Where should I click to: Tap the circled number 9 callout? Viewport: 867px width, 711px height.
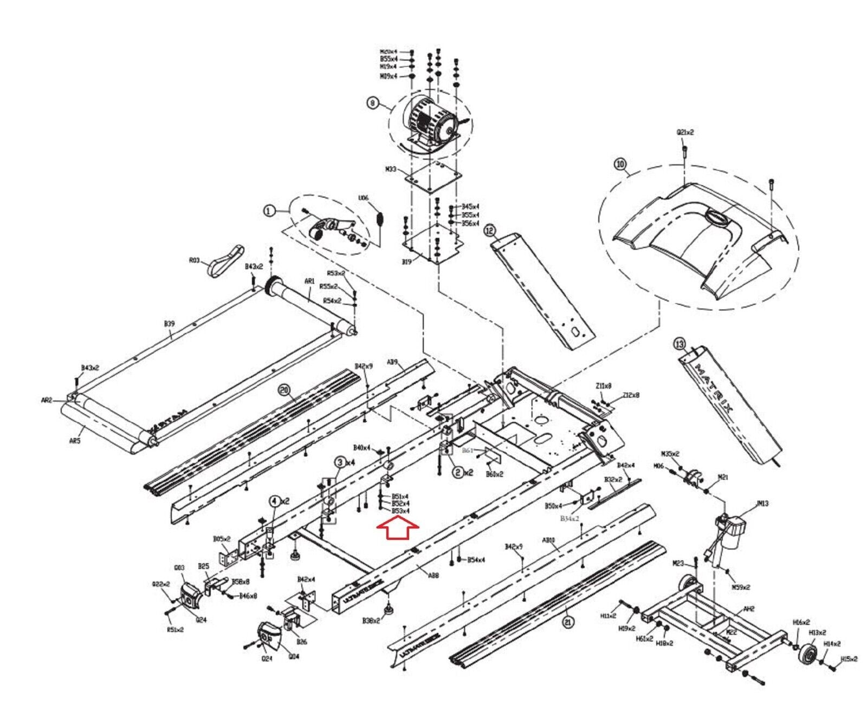372,103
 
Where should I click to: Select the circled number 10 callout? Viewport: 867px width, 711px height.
620,164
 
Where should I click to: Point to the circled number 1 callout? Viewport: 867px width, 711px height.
269,211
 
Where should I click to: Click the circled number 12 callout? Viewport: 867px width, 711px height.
490,231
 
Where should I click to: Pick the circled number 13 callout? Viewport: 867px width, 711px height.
679,343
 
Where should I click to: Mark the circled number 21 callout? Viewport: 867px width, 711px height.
568,622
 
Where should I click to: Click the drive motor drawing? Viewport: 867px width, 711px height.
431,123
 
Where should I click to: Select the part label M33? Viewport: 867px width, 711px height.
391,169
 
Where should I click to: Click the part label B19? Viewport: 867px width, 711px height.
406,262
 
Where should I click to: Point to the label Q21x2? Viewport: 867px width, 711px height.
685,132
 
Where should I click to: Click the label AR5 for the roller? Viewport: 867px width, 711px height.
74,441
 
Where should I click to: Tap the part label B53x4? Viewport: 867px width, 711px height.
400,511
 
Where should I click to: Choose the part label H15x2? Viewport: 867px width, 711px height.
849,659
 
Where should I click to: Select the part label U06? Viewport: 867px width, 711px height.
363,198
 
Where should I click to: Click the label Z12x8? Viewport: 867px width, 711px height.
631,395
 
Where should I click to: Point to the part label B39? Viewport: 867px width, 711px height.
169,324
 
